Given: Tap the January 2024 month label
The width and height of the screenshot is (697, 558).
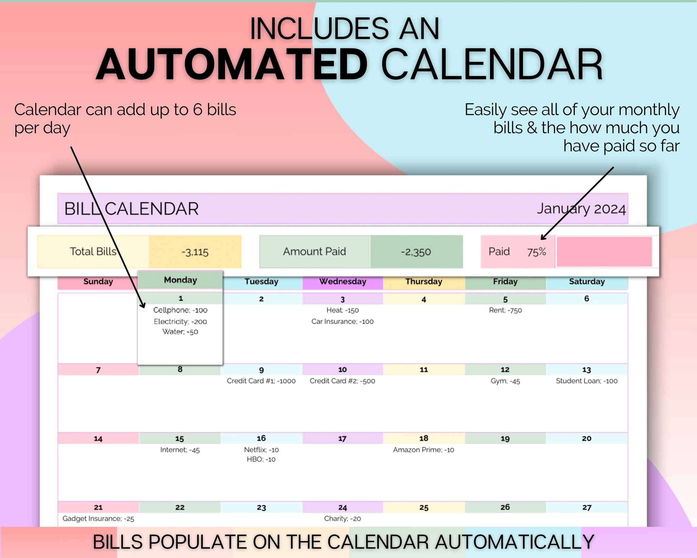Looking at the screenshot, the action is [581, 209].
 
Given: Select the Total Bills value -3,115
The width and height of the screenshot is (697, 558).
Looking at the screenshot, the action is [195, 252].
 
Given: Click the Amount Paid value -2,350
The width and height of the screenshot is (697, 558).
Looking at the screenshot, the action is [416, 252].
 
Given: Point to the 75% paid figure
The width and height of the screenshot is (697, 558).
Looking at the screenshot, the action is [536, 252].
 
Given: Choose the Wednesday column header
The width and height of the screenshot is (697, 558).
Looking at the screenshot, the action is [343, 282].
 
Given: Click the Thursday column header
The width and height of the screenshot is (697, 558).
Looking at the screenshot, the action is [424, 282].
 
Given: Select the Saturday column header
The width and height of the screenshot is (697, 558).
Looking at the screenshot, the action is [587, 282].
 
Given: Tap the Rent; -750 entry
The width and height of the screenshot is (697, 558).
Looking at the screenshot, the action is [505, 310].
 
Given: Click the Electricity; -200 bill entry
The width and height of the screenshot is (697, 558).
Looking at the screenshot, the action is [180, 322].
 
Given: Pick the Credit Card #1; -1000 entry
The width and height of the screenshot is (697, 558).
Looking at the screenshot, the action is [261, 381].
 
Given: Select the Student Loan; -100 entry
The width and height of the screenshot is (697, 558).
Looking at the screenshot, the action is [587, 381].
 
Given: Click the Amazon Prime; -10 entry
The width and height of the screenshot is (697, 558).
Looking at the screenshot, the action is [424, 450].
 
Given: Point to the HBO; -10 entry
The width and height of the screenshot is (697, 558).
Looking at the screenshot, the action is [261, 459].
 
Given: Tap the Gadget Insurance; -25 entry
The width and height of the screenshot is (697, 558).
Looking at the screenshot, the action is [98, 518].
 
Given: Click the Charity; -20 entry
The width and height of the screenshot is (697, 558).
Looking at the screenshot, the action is [342, 518].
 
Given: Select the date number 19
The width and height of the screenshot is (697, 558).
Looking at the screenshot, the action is [505, 439].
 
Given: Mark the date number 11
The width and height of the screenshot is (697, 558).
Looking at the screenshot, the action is [424, 370].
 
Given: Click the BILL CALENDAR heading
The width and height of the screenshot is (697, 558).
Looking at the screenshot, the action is [131, 209].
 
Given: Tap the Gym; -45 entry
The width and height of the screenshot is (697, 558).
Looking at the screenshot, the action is [505, 381].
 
